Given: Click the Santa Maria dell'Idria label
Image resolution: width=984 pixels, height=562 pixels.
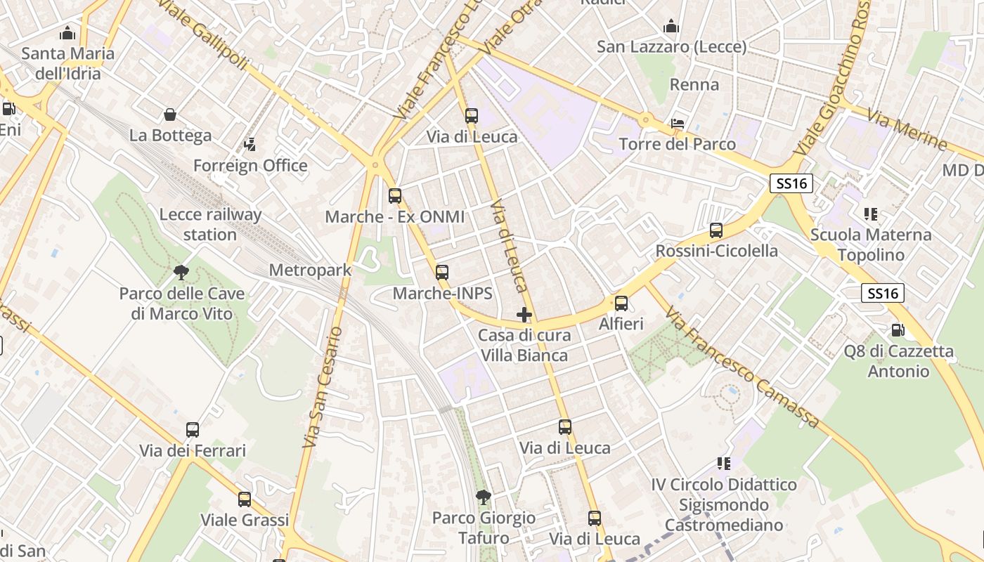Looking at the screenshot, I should point(67,63).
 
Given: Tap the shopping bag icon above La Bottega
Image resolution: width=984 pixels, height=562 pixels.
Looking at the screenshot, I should point(169,115).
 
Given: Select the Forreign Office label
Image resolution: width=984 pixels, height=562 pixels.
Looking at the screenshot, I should point(250,166).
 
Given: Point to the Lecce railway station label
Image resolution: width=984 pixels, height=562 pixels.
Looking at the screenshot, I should point(210,225).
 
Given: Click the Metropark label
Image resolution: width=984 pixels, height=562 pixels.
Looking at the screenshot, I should point(310,270).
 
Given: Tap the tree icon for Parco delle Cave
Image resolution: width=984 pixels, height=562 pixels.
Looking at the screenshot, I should point(181,272).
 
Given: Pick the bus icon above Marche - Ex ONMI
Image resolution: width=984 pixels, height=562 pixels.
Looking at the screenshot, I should point(395,196).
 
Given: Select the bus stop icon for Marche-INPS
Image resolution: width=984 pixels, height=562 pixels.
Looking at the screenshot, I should point(442,273).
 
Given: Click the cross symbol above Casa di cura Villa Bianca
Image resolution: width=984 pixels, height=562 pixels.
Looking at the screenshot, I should point(524,315).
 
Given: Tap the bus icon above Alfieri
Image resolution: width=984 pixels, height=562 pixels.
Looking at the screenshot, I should point(621,303).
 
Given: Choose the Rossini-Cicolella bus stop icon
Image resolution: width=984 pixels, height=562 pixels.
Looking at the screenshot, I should point(716,230).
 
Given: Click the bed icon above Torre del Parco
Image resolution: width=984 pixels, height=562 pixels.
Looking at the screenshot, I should point(678,124).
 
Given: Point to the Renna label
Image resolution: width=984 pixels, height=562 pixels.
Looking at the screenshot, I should point(694,85).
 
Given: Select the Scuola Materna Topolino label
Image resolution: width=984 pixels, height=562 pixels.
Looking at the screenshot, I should point(871,244).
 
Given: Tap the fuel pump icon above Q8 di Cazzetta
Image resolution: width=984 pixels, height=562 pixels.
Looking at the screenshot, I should point(898,329).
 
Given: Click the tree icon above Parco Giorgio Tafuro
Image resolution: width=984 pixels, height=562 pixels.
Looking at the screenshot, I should point(483,497).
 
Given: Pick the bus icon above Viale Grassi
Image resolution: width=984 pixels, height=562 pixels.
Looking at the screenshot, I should point(245,499).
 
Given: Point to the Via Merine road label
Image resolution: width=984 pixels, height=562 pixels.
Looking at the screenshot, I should point(907,129).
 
